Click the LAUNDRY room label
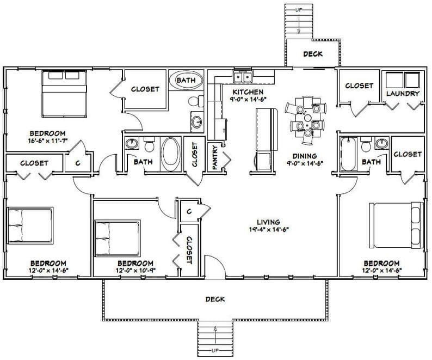point(403,93)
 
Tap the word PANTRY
point(215,157)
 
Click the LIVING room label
point(269,222)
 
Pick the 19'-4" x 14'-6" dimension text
point(269,229)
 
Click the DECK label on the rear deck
point(312,54)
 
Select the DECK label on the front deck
point(215,299)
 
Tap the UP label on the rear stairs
point(299,10)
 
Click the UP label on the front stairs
point(215,349)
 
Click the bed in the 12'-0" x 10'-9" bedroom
point(116,238)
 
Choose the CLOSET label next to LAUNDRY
point(359,86)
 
